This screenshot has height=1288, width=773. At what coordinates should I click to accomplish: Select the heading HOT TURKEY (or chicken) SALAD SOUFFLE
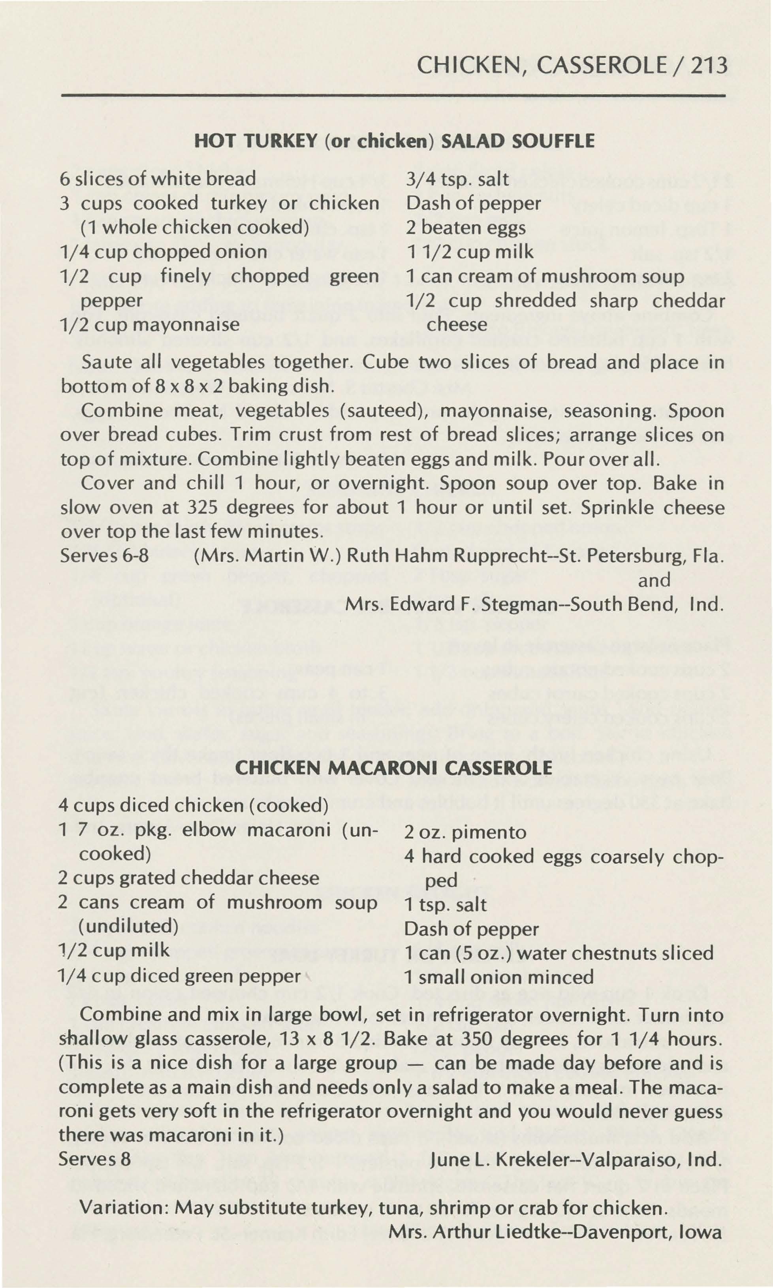point(394,141)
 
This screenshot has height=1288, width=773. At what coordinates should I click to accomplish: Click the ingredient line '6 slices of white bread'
point(158,179)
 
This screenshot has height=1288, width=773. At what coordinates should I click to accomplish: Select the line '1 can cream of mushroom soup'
point(544,276)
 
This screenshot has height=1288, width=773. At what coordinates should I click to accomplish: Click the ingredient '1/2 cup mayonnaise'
point(150,325)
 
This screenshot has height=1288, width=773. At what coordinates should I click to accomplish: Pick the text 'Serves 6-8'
point(104,555)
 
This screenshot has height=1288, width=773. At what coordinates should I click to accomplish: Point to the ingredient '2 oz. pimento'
point(465,832)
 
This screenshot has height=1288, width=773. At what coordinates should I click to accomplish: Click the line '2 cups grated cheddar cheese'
point(188,878)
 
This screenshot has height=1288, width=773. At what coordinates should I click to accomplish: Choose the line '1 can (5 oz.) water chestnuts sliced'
point(559,953)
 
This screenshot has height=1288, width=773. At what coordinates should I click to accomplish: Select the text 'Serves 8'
point(94,1159)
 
